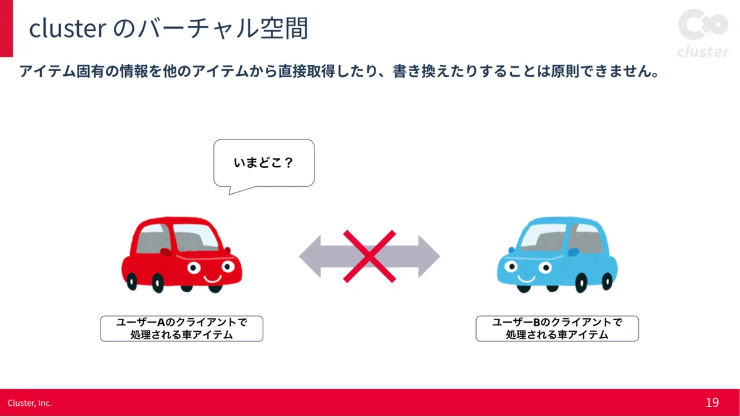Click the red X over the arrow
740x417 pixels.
(369, 257)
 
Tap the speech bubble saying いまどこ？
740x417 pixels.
(264, 163)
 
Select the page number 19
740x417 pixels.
(712, 402)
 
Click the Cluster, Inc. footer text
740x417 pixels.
(30, 403)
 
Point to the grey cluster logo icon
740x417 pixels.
(704, 24)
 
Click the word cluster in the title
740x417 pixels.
(68, 28)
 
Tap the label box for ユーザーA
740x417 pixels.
(182, 328)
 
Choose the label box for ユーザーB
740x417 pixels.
(557, 328)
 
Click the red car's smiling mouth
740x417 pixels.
(212, 279)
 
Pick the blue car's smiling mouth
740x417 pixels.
(526, 279)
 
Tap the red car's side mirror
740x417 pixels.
(165, 252)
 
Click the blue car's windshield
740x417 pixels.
(543, 237)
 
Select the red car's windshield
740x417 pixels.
(195, 237)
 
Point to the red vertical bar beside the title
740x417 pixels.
(6, 28)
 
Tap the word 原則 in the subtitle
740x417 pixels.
(565, 72)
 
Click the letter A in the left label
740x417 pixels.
(161, 322)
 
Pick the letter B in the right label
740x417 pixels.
(536, 322)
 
